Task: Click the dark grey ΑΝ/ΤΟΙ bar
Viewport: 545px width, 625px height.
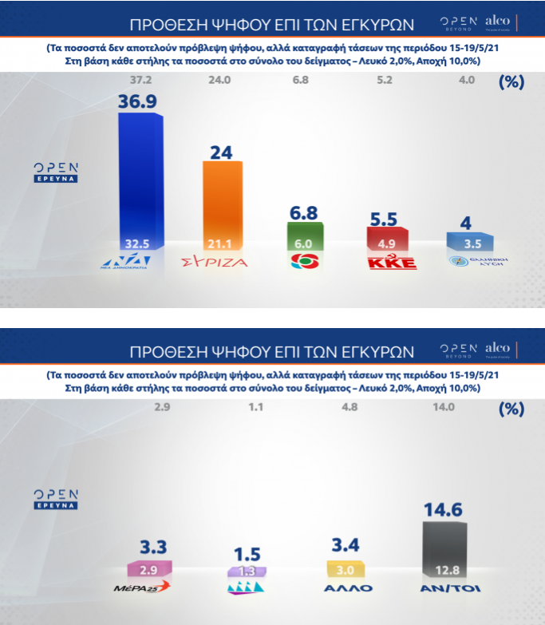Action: [448, 547]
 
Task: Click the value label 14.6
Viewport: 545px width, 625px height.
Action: [448, 510]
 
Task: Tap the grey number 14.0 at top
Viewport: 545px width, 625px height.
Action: [443, 408]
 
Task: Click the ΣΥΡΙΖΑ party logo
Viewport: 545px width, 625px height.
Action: [215, 261]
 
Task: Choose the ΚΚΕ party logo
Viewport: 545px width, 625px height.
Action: [391, 263]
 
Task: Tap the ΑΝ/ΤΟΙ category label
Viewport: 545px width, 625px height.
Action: [449, 589]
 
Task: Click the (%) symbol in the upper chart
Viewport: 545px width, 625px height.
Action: [511, 81]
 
